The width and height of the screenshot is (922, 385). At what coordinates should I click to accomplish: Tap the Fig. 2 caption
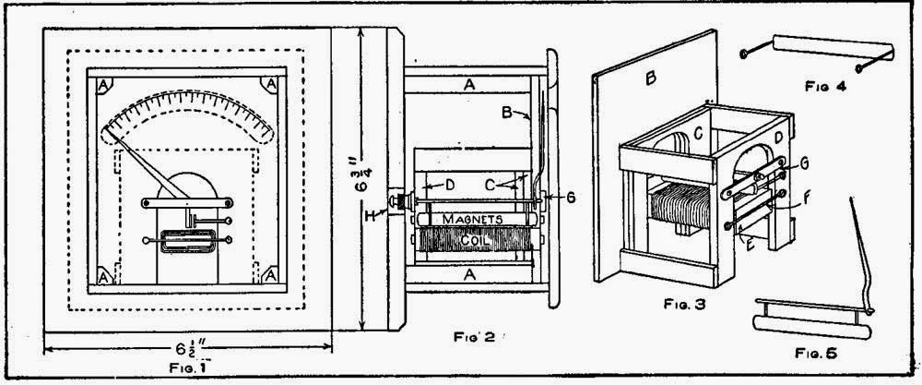coord(477,337)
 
